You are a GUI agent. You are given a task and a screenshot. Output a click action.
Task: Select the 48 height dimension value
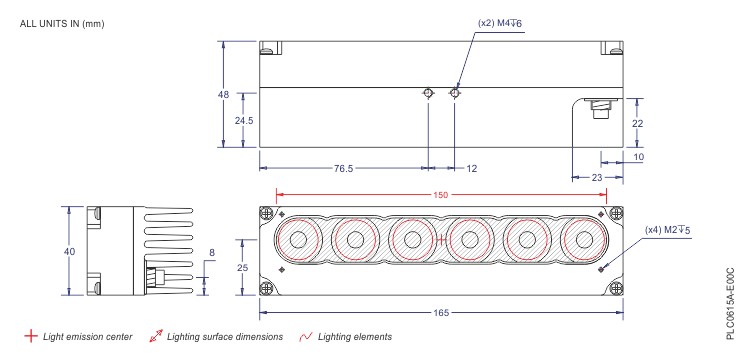[x=223, y=94]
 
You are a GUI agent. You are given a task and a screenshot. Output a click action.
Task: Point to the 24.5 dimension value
[x=243, y=120]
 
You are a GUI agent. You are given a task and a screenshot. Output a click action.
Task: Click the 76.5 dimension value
[x=343, y=169]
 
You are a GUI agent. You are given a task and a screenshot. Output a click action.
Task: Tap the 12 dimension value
[x=472, y=169]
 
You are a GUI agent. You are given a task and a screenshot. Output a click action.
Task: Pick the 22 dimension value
[x=637, y=123]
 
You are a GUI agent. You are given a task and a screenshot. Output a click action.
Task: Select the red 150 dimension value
[x=441, y=195]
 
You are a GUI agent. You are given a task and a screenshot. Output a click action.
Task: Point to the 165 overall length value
[x=441, y=313]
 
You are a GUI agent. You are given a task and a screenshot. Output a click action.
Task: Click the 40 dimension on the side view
[x=69, y=252]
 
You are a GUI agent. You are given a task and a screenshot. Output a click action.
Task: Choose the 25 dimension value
[x=242, y=267]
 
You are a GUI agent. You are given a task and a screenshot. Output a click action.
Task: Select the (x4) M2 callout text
[x=668, y=230]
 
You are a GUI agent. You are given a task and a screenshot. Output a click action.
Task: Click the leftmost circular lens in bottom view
[x=297, y=240]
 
